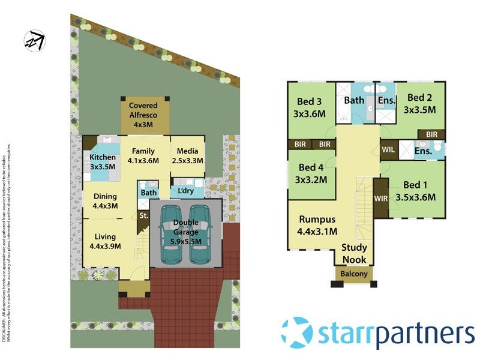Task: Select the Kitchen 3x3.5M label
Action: click(x=102, y=162)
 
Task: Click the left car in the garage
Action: click(x=171, y=234)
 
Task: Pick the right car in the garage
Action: click(x=200, y=234)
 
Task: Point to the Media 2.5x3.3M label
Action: click(x=188, y=156)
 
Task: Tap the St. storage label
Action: click(x=143, y=215)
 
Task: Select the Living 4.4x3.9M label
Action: click(x=105, y=241)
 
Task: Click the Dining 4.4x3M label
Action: click(x=105, y=201)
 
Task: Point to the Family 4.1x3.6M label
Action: click(x=143, y=156)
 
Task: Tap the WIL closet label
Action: click(x=388, y=149)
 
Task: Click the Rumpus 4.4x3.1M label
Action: click(x=317, y=225)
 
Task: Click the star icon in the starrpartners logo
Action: click(x=297, y=332)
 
